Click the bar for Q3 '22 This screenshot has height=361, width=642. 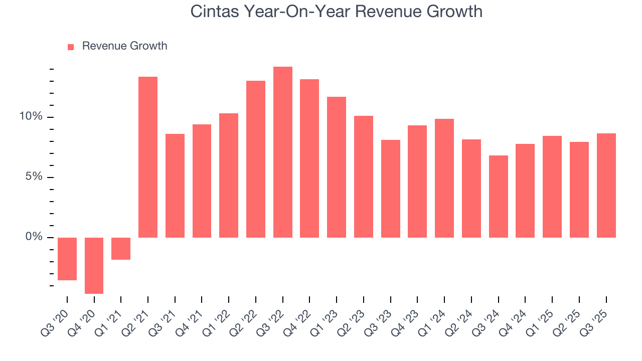click(283, 152)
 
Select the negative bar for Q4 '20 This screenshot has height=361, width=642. click(94, 265)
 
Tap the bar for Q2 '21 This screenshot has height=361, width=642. click(148, 157)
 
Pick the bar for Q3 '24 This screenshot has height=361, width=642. click(499, 196)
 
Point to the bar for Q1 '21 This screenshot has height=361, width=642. click(121, 249)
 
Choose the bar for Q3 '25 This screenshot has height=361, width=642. click(606, 185)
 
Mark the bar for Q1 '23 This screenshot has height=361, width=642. click(337, 167)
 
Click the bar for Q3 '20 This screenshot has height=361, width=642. click(67, 259)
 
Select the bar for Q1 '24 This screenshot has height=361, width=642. click(444, 178)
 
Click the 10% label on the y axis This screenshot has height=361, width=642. click(31, 117)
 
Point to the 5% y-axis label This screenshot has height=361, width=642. click(34, 177)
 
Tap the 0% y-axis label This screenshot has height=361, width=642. click(34, 237)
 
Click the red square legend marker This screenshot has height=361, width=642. click(71, 47)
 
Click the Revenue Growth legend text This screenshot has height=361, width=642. click(124, 46)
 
